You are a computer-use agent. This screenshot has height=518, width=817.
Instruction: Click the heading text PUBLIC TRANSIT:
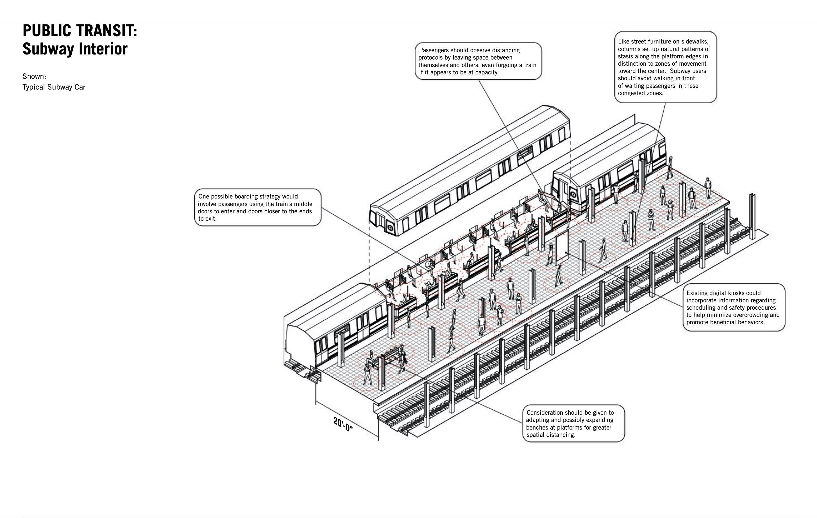pyautogui.click(x=80, y=31)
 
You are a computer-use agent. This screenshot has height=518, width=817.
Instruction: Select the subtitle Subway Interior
pyautogui.click(x=75, y=49)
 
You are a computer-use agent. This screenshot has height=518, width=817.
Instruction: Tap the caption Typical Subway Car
pyautogui.click(x=54, y=87)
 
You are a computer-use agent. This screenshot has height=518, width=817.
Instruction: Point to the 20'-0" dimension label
pyautogui.click(x=343, y=424)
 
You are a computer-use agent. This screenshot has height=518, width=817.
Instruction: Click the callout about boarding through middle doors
pyautogui.click(x=258, y=207)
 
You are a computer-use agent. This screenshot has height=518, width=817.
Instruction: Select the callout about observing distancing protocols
pyautogui.click(x=478, y=61)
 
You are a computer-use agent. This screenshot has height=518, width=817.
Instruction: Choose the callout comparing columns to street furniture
pyautogui.click(x=665, y=67)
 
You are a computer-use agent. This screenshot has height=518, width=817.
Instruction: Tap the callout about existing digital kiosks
pyautogui.click(x=734, y=307)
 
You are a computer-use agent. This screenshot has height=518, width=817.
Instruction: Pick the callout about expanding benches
pyautogui.click(x=573, y=423)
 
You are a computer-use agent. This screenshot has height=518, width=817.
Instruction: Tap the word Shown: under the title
pyautogui.click(x=34, y=76)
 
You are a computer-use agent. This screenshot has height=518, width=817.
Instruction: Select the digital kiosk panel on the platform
pyautogui.click(x=562, y=248)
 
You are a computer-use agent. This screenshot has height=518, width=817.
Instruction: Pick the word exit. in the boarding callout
pyautogui.click(x=207, y=219)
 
